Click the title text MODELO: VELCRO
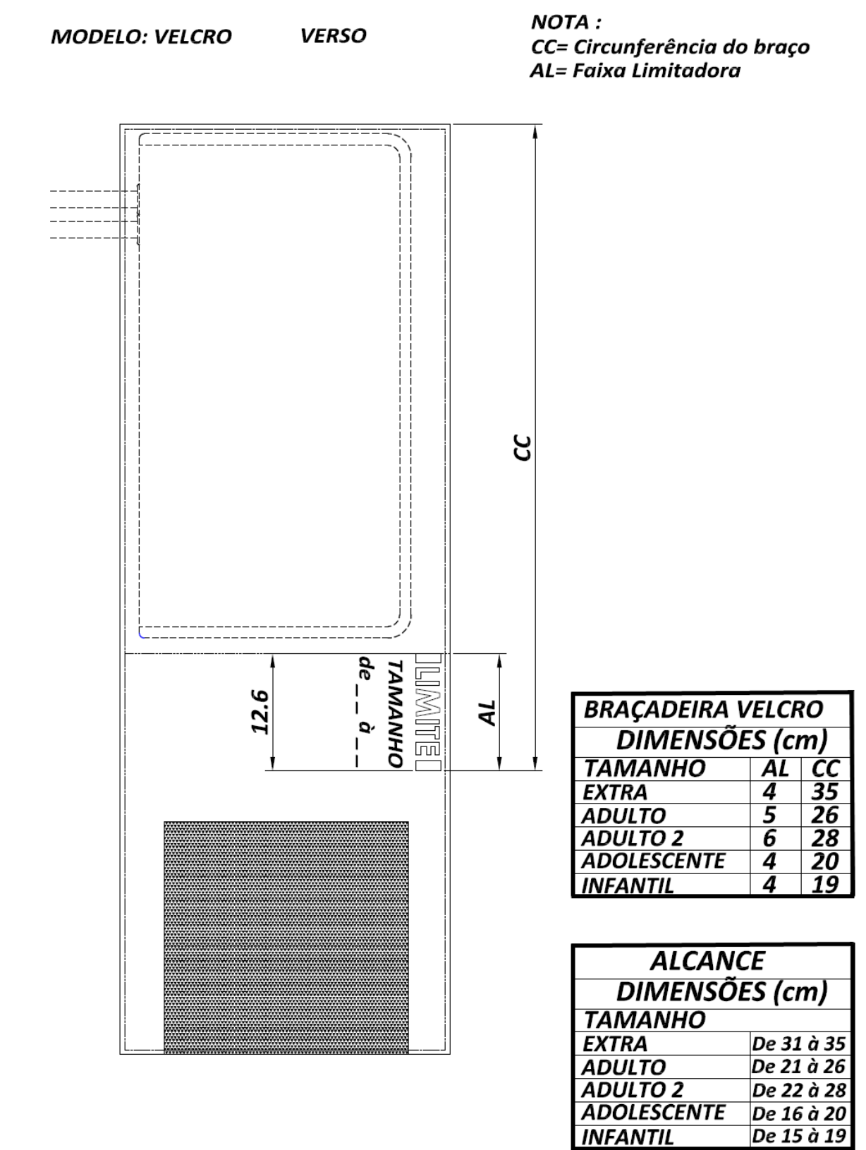tap(141, 37)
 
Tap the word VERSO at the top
tap(333, 35)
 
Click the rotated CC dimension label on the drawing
tap(522, 448)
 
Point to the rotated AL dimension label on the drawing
tap(487, 713)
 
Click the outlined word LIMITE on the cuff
tap(428, 712)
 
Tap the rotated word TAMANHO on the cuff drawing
tap(395, 713)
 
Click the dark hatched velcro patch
tap(286, 938)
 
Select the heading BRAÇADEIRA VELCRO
tap(703, 710)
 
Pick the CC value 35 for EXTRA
tap(824, 792)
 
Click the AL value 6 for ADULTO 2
tap(769, 838)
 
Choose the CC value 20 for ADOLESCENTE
tap(824, 861)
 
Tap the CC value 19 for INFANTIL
tap(824, 885)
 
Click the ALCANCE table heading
tap(707, 962)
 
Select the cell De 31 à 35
tap(798, 1044)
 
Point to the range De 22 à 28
tap(798, 1090)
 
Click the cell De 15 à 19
tap(798, 1136)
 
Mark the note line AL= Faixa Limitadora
tap(635, 71)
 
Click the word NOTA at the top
tap(560, 23)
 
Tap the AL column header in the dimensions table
tap(776, 768)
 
